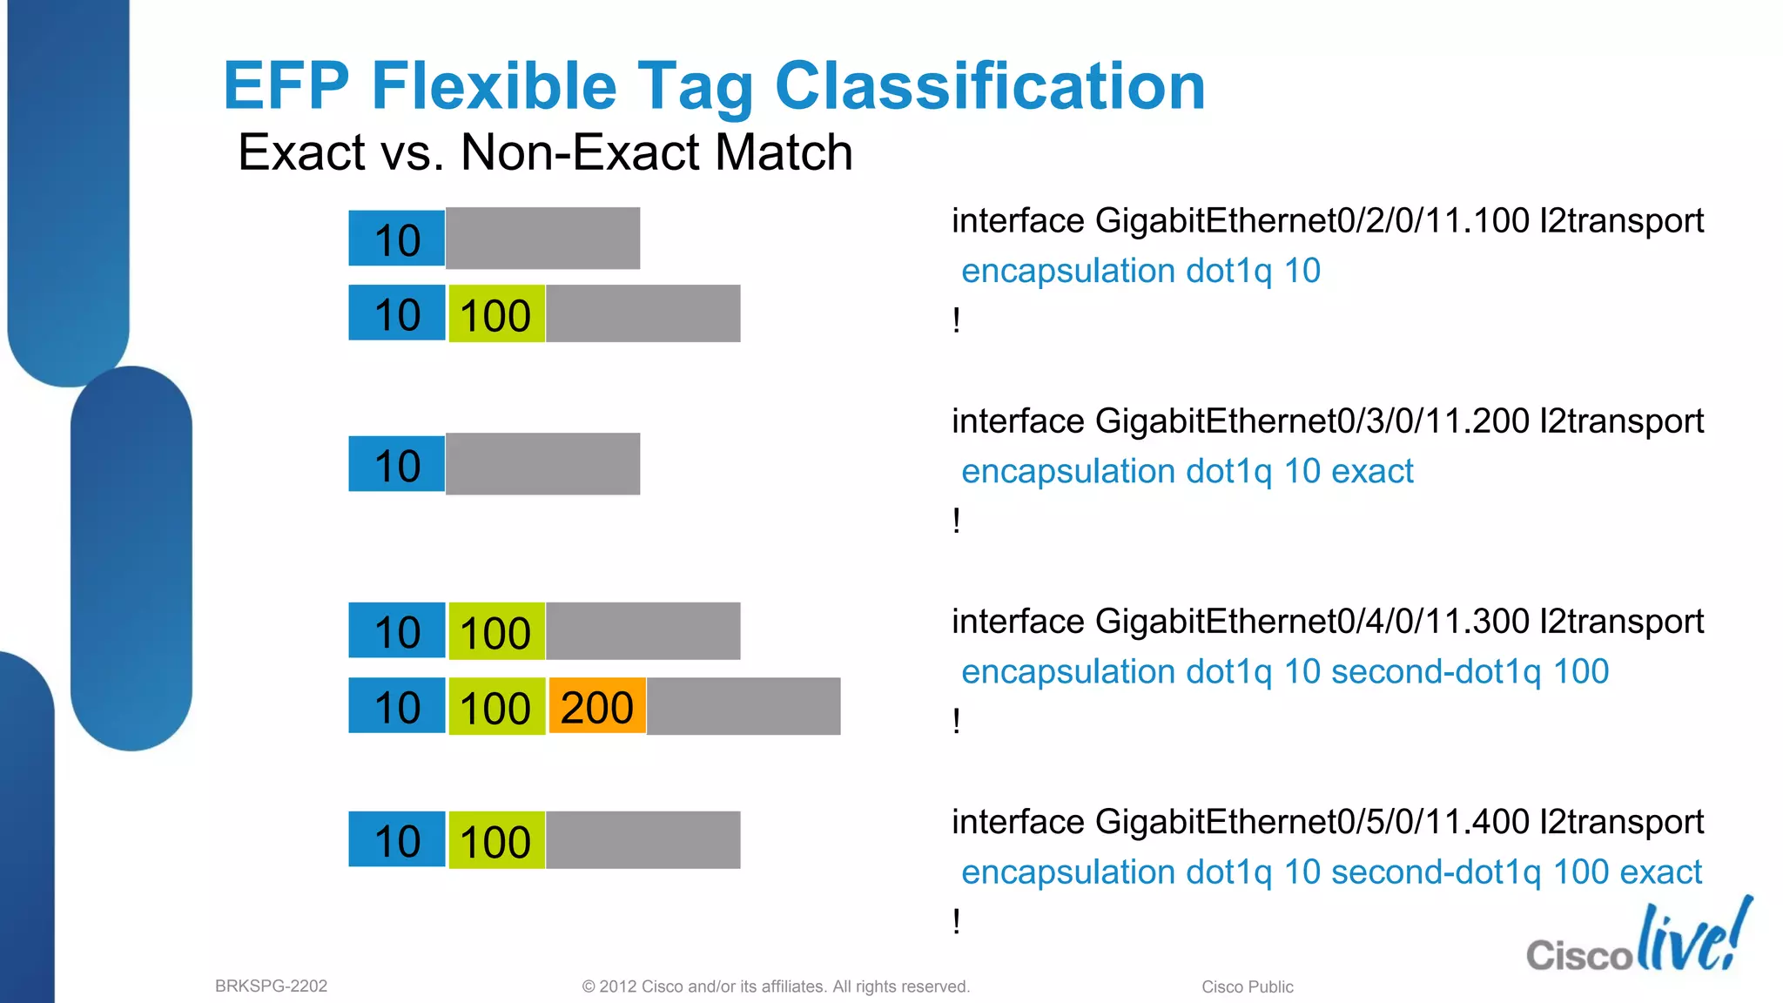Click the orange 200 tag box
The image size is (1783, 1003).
click(597, 706)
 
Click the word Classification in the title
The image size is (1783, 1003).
click(989, 86)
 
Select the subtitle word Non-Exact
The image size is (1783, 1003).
click(575, 152)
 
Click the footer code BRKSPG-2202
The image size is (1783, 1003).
click(271, 986)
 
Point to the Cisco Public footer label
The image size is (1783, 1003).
click(1247, 986)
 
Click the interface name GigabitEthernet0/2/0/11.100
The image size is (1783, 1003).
click(1312, 221)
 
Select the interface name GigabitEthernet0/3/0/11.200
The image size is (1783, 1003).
click(1312, 421)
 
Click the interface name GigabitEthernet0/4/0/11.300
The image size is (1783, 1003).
click(1312, 622)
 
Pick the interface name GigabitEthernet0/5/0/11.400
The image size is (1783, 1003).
click(1312, 822)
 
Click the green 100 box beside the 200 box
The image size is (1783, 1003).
click(496, 707)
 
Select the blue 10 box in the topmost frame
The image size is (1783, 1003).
click(397, 239)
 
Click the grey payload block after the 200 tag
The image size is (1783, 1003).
click(743, 706)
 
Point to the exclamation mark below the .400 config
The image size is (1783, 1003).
click(957, 921)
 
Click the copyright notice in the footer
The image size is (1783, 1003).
click(775, 986)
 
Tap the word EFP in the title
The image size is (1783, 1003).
click(286, 86)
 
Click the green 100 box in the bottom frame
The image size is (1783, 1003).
click(496, 841)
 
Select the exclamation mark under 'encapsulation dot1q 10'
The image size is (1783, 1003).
click(957, 320)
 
